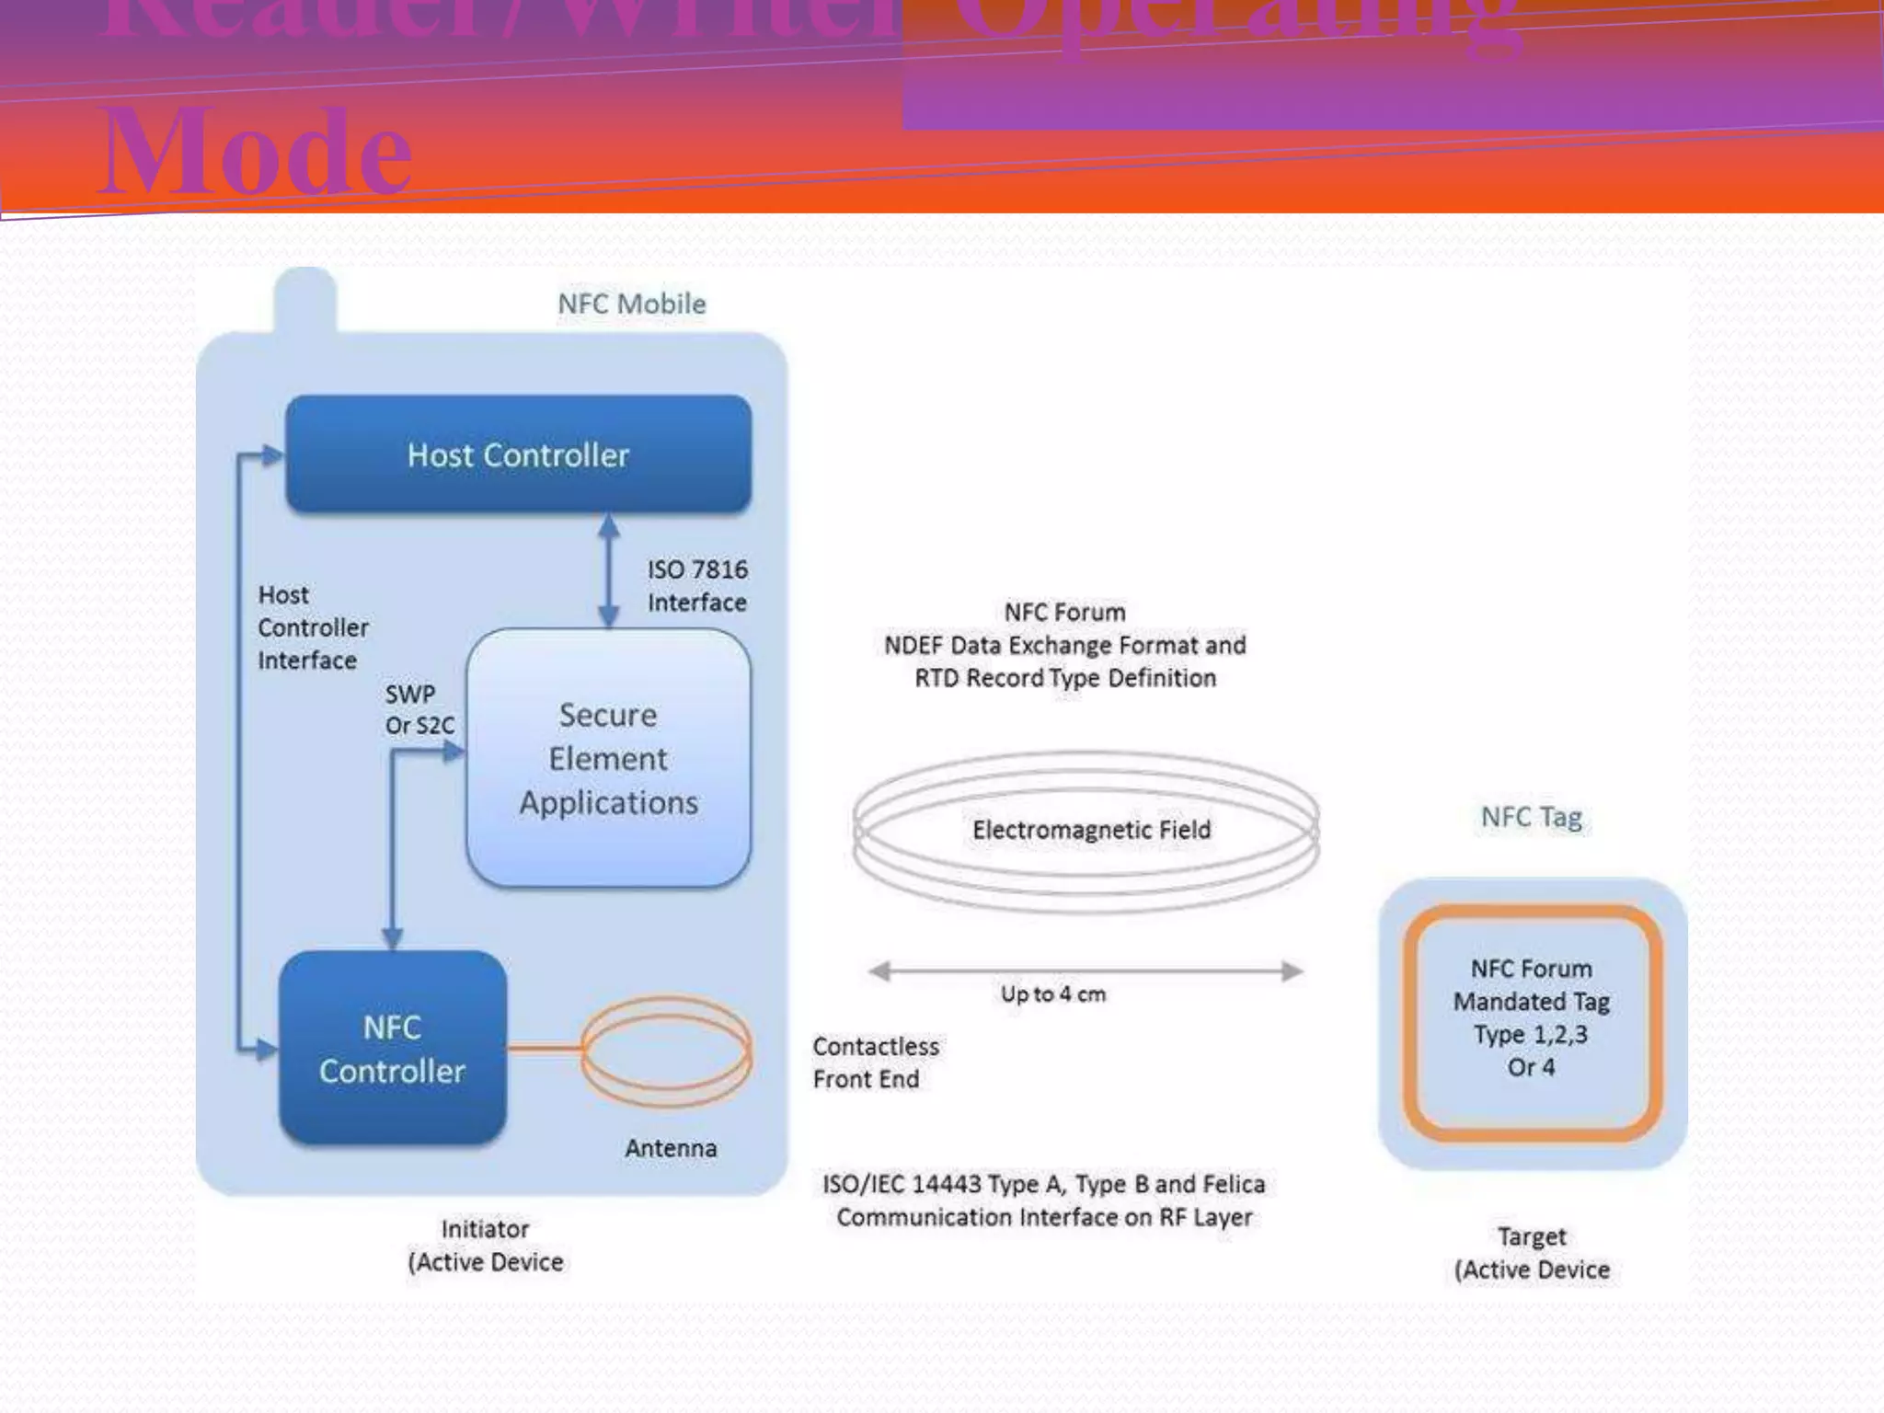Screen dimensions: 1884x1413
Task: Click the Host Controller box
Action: coord(518,454)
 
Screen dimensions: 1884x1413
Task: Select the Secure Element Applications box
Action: coord(608,758)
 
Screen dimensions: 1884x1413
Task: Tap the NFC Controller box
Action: coord(393,1049)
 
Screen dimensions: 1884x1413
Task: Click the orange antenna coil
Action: coord(667,1051)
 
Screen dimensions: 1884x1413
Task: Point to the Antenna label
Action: coord(671,1148)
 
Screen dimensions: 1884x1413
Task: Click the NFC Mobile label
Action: coord(632,304)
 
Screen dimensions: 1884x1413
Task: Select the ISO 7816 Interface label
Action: coord(696,586)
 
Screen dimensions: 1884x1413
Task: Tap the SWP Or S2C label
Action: coord(419,709)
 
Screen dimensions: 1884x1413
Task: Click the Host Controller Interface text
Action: coord(312,627)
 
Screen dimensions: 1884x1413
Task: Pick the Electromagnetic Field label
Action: coord(1091,830)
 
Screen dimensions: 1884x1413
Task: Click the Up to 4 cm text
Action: coord(1053,994)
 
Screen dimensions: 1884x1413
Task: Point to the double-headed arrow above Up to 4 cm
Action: coord(1086,971)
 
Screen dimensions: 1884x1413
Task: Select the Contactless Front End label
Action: coord(875,1063)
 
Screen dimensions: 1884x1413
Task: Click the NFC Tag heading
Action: coord(1531,817)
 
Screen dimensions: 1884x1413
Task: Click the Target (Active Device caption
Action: coord(1532,1253)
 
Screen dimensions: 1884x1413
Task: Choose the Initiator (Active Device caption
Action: coord(485,1246)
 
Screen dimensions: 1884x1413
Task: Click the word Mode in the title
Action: coord(255,153)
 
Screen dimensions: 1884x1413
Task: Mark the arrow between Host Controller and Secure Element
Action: coord(608,570)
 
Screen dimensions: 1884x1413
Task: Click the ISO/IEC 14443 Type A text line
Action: coord(1043,1184)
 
